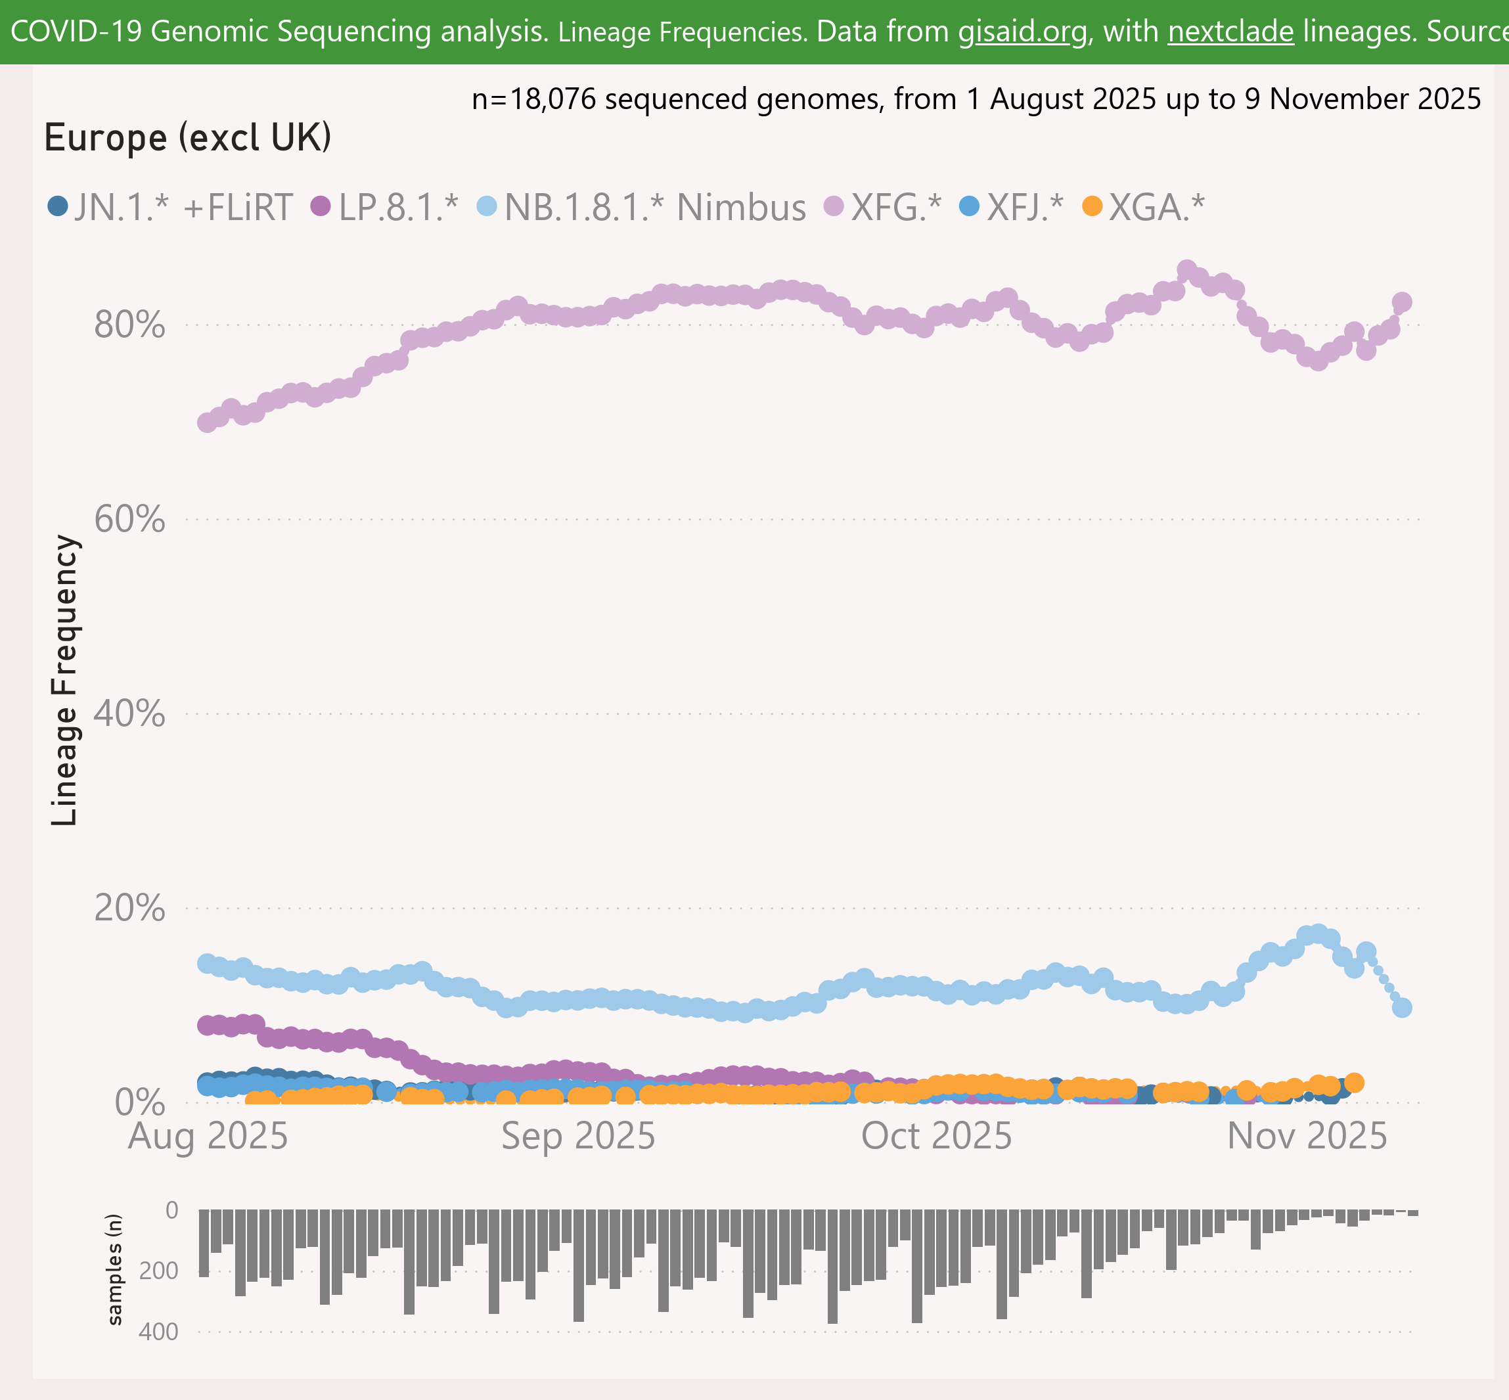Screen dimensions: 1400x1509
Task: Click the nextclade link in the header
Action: click(1230, 32)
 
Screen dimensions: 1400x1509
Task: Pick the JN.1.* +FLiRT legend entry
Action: click(170, 207)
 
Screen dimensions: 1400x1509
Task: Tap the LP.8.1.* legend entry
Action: click(386, 207)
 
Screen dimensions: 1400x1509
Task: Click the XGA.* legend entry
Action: click(1143, 207)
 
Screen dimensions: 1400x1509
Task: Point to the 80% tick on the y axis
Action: click(129, 326)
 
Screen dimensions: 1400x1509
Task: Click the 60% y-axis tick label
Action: click(129, 520)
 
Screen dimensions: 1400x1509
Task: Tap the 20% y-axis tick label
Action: click(129, 909)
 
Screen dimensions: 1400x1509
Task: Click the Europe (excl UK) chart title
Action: click(188, 138)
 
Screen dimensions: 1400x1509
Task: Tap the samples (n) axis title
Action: click(115, 1271)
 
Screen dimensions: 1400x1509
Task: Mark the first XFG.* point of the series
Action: click(207, 422)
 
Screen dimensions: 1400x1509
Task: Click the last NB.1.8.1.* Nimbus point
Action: click(1402, 1008)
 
